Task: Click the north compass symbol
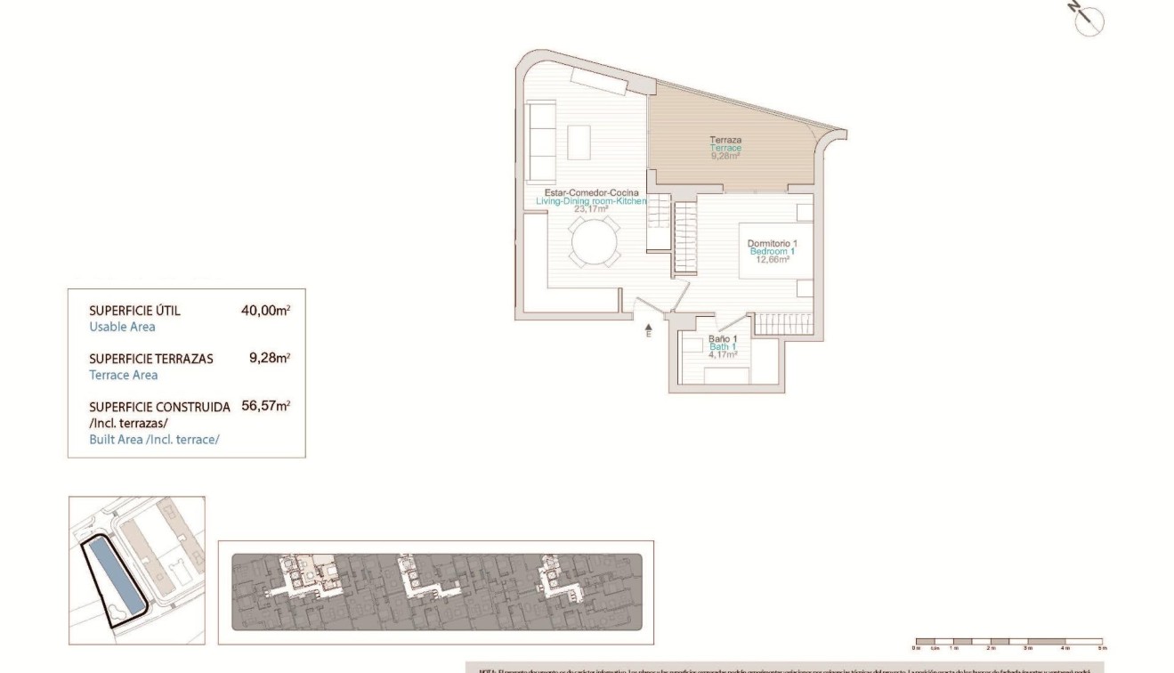pos(1088,20)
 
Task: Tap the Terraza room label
pos(725,140)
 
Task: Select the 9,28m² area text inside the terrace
pos(725,156)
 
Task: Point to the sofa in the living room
pos(541,140)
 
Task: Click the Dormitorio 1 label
pos(772,243)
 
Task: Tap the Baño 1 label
pos(722,339)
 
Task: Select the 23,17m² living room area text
pos(591,210)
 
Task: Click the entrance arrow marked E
pos(648,330)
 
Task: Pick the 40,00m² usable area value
pos(265,311)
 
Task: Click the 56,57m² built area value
pos(265,406)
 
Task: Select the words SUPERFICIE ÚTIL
pos(134,311)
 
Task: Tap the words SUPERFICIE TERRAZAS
pos(150,359)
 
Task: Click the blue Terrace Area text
pos(123,375)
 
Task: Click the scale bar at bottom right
pos(1008,641)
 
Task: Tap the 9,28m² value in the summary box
pos(269,359)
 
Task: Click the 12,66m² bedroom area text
pos(773,260)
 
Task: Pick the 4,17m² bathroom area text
pos(722,354)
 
